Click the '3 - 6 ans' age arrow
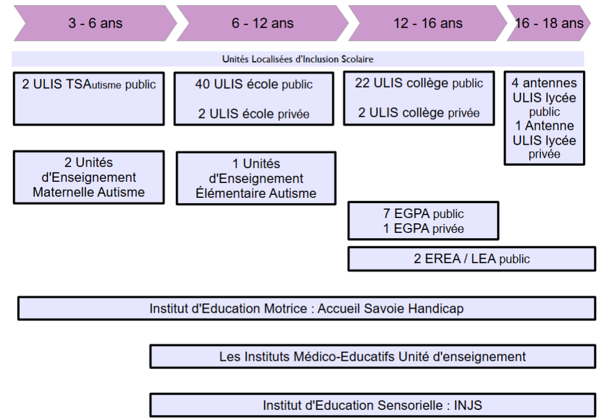(95, 23)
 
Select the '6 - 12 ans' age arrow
(262, 23)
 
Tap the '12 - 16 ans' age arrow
(428, 23)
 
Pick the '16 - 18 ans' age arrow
(549, 23)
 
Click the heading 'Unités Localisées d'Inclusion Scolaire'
(297, 59)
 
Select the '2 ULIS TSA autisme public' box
(89, 98)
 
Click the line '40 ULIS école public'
(254, 84)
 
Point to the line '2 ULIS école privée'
(254, 114)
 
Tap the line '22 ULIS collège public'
(419, 83)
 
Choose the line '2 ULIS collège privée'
(419, 113)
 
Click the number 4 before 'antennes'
(515, 83)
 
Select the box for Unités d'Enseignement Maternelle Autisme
(89, 177)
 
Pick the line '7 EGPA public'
(423, 213)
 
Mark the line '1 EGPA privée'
(423, 228)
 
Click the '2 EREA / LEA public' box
(472, 259)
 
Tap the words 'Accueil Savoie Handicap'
(390, 309)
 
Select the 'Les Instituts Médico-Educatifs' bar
(373, 357)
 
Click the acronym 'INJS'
(467, 405)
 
